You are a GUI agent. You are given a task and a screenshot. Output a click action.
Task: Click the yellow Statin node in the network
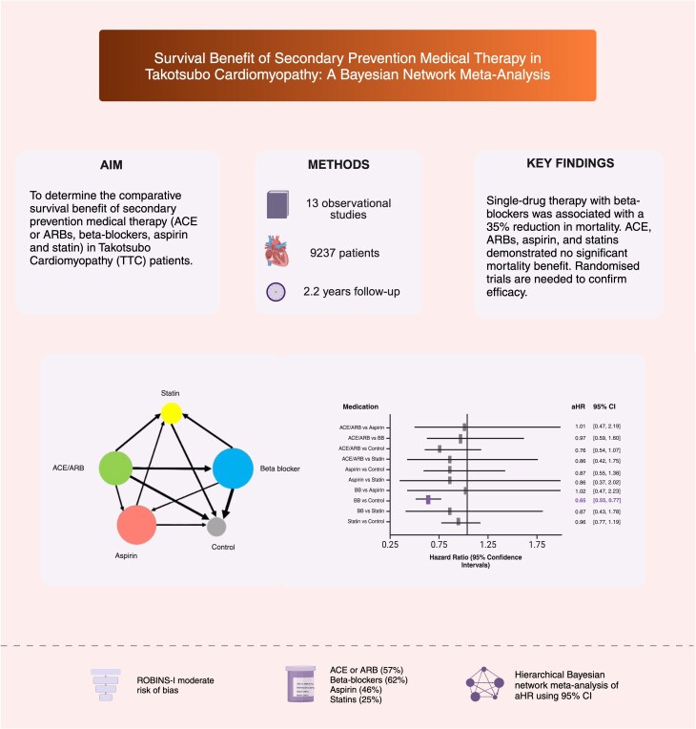(171, 412)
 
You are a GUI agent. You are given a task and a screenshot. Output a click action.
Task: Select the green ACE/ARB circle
(114, 468)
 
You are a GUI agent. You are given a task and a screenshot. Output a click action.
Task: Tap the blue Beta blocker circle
(233, 469)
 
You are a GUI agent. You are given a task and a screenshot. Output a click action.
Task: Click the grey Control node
(216, 525)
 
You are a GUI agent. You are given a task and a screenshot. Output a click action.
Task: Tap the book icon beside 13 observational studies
(277, 203)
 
